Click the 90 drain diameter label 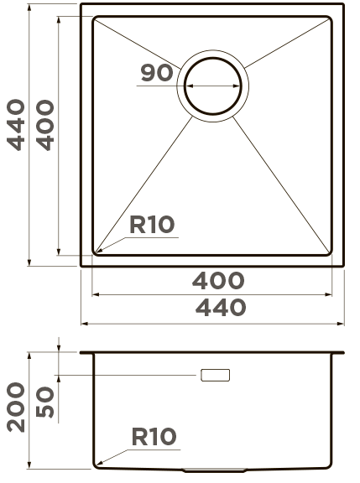[x=157, y=73]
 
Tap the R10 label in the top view [x=152, y=225]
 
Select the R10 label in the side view [x=154, y=437]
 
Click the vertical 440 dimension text [x=16, y=125]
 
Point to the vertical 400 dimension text [x=45, y=125]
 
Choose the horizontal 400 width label [x=218, y=280]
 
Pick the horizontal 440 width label [x=221, y=308]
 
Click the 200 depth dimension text [x=16, y=408]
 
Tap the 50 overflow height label [x=45, y=402]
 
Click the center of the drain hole [x=212, y=86]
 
